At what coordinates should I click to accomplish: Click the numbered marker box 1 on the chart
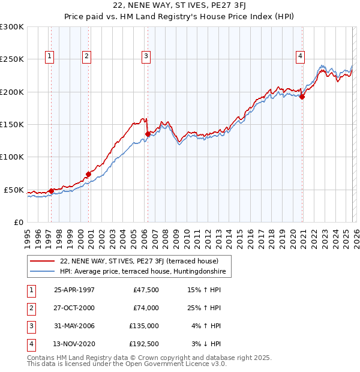(49, 56)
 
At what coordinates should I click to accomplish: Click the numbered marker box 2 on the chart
(86, 56)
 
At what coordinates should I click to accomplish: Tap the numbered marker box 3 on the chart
(146, 56)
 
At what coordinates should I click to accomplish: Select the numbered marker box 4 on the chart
(299, 56)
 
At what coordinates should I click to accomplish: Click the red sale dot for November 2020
(302, 97)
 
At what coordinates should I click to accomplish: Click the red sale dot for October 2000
(88, 174)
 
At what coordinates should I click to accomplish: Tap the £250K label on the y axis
(12, 59)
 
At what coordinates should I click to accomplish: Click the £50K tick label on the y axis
(14, 190)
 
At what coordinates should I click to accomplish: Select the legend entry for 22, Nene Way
(143, 261)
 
